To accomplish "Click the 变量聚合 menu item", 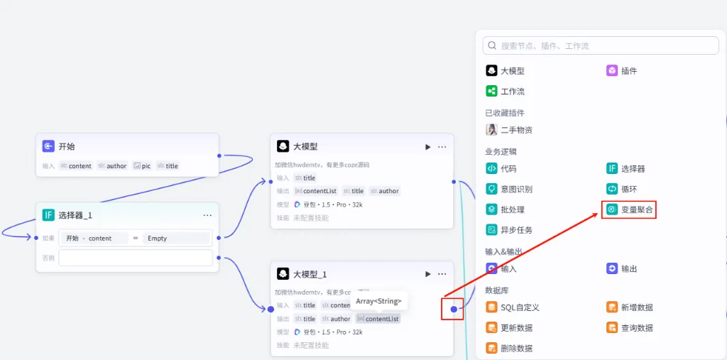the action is point(629,209).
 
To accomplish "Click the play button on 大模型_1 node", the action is point(427,274).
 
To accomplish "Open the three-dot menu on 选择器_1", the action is point(207,215).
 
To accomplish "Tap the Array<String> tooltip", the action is point(378,301).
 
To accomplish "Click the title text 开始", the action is point(66,147).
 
